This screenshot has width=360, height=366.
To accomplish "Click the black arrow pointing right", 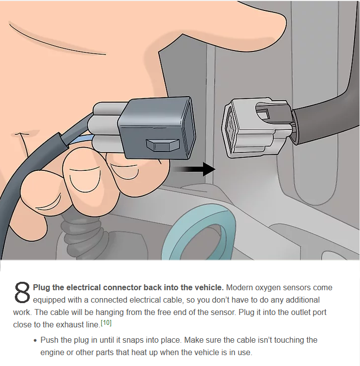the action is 193,169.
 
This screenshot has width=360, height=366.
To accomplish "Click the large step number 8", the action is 22,293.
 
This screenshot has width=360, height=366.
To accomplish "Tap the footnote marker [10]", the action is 106,323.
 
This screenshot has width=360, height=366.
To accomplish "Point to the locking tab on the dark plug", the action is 163,145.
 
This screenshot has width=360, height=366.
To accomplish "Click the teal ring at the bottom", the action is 199,236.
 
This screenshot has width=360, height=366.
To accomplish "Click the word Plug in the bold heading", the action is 41,288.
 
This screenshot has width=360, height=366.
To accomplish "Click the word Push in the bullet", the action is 49,340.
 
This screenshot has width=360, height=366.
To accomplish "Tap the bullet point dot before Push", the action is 35,341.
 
